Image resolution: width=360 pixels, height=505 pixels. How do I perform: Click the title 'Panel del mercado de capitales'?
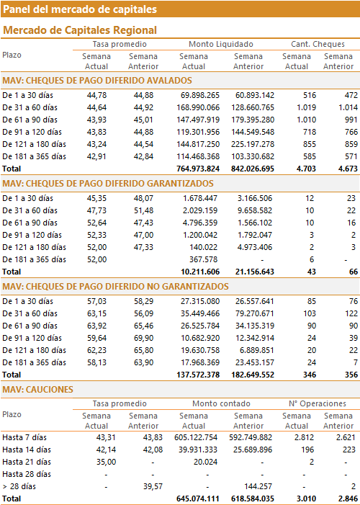coord(80,9)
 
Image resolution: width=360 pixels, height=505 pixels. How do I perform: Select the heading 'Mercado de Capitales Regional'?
coord(80,30)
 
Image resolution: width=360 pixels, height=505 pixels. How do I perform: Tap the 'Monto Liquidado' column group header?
coord(221,44)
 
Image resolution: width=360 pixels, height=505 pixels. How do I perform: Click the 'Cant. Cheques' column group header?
coord(318,44)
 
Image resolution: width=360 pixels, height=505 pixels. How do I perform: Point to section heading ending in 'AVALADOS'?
coord(97,80)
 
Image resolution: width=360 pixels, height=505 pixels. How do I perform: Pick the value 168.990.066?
coord(198,107)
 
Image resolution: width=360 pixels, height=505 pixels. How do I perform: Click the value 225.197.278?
coord(253,144)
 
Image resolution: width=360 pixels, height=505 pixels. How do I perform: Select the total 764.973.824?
coord(198,169)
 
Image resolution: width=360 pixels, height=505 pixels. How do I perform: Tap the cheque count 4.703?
coord(305,169)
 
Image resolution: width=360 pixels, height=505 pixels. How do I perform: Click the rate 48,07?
coord(143,198)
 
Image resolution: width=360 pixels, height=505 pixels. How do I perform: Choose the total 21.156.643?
coord(253,272)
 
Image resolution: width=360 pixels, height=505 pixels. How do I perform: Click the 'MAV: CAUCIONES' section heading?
coord(38,390)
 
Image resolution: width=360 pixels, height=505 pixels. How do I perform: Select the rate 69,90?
coord(143,338)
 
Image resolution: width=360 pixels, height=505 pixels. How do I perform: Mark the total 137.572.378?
coord(198,375)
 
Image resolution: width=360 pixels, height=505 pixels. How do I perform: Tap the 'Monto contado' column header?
coord(221,403)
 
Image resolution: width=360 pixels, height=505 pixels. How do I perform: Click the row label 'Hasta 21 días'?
coord(27,462)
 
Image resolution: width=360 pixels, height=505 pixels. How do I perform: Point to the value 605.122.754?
coord(196,437)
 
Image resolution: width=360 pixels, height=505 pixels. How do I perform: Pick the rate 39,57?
coord(153,486)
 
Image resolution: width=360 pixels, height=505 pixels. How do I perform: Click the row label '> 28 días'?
coord(19,486)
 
